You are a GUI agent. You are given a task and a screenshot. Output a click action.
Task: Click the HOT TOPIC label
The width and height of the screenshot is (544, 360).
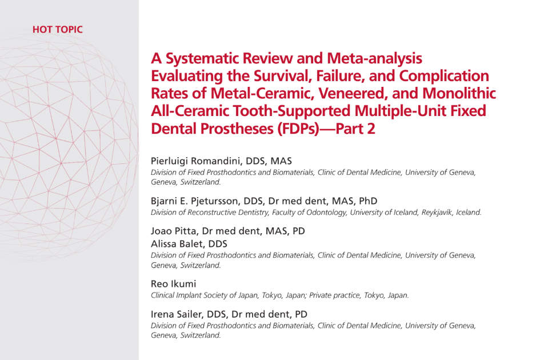[x=58, y=30]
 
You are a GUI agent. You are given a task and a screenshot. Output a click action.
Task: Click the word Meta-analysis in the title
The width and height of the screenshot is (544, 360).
[x=374, y=59]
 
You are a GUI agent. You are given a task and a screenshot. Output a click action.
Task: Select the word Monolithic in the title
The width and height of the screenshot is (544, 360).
[x=459, y=93]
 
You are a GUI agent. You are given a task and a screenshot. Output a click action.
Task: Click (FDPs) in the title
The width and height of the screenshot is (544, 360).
[x=298, y=129]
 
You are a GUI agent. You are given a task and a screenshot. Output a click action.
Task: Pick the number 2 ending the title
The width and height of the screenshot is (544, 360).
[x=371, y=129]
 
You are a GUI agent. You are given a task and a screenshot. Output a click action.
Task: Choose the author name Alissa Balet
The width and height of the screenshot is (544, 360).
[x=177, y=244]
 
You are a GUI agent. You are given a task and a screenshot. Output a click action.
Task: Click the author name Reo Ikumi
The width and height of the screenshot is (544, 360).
[x=174, y=284]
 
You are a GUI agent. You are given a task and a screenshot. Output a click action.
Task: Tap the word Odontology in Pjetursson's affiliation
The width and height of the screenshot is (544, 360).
[x=326, y=213]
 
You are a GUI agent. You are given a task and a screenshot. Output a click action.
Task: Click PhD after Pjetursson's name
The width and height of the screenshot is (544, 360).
[x=368, y=201]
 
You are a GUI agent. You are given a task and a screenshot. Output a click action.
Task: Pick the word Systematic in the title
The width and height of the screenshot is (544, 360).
[x=202, y=59]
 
